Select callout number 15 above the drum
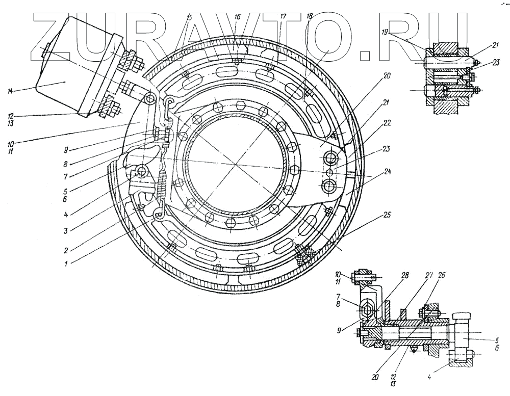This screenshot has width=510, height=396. coord(189,17)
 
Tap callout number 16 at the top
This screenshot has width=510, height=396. coord(237,17)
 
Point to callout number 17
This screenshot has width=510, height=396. coord(283,16)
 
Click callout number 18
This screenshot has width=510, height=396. coord(309,17)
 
